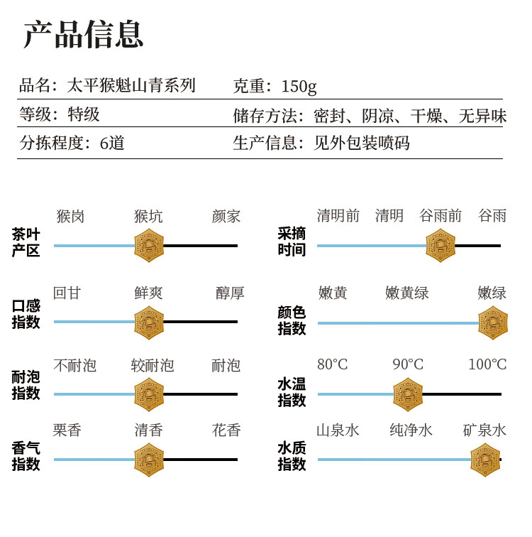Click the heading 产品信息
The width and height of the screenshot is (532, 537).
[83, 34]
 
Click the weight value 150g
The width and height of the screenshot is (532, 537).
[299, 87]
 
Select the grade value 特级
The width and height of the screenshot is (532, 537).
[84, 114]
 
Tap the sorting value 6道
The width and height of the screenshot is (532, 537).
[112, 143]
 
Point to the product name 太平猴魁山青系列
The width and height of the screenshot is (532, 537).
[131, 86]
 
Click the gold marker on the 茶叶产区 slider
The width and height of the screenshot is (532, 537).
[149, 246]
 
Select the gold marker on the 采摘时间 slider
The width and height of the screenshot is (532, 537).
[440, 246]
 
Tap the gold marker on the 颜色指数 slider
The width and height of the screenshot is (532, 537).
[493, 323]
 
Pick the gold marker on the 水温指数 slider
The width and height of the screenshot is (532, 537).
[408, 394]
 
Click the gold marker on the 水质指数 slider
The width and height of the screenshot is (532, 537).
[485, 460]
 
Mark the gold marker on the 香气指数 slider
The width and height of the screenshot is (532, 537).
[149, 460]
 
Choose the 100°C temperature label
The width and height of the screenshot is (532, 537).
[487, 364]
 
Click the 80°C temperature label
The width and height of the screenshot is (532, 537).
[333, 364]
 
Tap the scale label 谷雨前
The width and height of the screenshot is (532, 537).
[440, 216]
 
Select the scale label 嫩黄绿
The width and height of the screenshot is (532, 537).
[407, 293]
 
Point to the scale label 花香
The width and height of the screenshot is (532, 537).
[226, 430]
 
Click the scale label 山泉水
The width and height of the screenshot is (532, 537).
[338, 430]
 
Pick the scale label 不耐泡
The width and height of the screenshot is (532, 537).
[75, 366]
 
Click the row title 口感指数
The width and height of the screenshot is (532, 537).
[26, 314]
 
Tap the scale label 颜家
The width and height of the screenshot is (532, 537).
[226, 217]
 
